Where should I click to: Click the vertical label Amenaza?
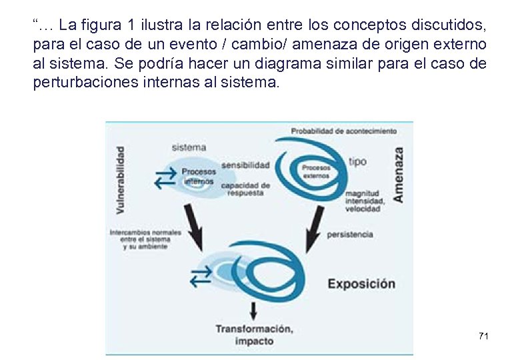tap(399, 175)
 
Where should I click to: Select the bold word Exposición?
tap(361, 283)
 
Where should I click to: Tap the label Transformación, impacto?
tap(253, 335)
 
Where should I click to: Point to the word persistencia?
tap(350, 235)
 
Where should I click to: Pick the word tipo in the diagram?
tap(357, 162)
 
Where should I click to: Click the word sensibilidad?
tap(245, 165)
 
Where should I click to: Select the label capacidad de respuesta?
tap(245, 189)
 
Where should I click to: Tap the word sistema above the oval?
tap(189, 147)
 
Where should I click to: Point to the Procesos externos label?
tap(315, 172)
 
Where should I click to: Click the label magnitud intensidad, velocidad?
tap(363, 201)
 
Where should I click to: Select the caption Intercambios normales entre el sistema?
tap(142, 239)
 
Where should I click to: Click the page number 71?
tap(483, 336)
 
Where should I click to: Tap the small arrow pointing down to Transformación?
tap(253, 309)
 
